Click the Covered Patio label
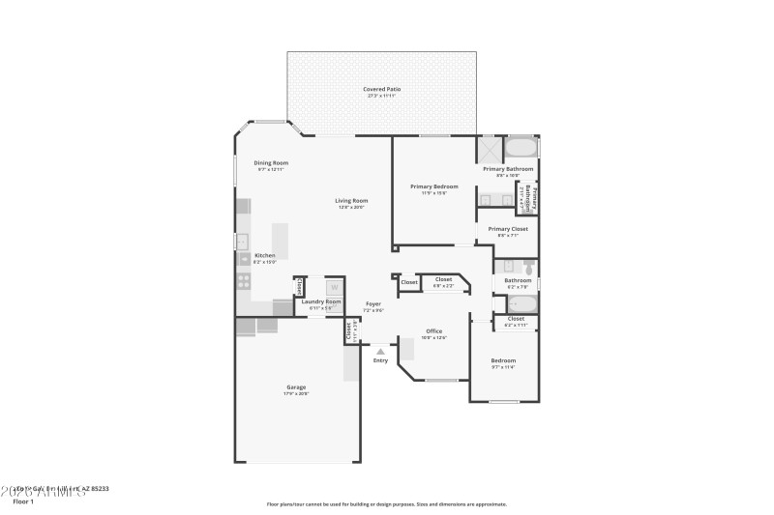point(381,89)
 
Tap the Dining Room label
point(271,162)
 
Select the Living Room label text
point(352,200)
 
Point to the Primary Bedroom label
point(433,186)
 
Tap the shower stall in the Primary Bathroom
point(490,149)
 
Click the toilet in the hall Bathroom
point(529,265)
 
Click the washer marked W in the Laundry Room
point(334,287)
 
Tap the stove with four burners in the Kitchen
point(244,281)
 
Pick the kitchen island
point(280,241)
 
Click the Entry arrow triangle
point(380,352)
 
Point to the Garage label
point(296,387)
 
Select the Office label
point(433,331)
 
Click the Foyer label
point(372,304)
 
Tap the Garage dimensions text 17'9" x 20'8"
point(296,394)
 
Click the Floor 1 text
point(22,501)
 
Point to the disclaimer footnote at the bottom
point(386,503)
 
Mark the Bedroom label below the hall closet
point(503,360)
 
